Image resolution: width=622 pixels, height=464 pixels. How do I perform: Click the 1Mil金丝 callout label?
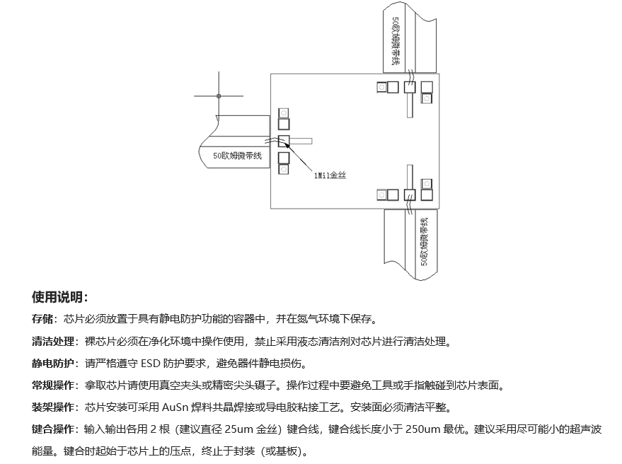(330, 175)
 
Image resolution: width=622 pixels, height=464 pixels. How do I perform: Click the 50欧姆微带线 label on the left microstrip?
(237, 156)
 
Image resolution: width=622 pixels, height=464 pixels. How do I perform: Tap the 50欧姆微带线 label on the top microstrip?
(395, 40)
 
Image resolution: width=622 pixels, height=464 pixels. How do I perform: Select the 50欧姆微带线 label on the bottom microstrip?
(425, 241)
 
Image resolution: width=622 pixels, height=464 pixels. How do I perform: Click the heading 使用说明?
(59, 296)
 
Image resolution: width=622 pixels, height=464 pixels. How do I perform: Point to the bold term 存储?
(42, 318)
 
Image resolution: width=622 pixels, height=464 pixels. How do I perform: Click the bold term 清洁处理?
(53, 341)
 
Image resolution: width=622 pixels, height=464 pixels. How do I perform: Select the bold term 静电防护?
(53, 363)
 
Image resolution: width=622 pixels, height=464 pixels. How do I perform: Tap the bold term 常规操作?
(53, 385)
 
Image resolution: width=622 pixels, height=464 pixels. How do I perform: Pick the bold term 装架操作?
(53, 407)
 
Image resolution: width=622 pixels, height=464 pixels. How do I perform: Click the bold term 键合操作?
(53, 429)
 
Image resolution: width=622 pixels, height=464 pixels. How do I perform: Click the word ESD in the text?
(150, 364)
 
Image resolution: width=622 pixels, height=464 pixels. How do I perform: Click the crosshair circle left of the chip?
(219, 96)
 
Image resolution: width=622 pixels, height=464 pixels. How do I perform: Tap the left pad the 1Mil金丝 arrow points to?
(284, 141)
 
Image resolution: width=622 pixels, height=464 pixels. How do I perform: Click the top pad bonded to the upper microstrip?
(410, 87)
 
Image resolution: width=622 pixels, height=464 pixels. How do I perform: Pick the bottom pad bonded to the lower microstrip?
(410, 195)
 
